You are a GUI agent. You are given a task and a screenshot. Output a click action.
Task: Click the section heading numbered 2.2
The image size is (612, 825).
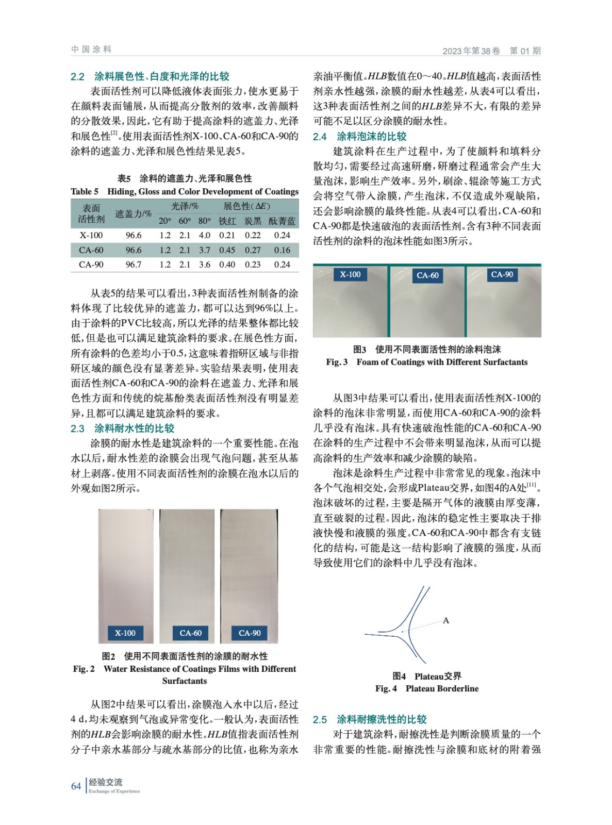point(150,76)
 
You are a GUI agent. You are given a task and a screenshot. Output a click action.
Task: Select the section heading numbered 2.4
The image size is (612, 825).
point(360,136)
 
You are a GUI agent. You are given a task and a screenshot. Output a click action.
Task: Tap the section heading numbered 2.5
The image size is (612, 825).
point(370,719)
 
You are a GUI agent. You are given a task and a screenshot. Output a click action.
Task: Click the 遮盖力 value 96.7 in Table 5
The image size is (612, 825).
point(134,265)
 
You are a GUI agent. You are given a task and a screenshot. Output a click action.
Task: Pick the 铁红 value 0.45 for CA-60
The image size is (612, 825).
point(227,250)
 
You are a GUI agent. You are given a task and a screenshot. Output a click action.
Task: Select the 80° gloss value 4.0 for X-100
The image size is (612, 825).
point(205,235)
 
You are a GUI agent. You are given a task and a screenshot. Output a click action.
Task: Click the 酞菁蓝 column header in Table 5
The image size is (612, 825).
point(282,221)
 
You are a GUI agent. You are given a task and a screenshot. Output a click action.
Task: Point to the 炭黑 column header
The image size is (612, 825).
point(253,221)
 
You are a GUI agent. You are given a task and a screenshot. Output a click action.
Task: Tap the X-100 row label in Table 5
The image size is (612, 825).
point(91,235)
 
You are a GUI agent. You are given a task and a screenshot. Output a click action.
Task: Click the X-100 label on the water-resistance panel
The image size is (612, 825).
point(125,633)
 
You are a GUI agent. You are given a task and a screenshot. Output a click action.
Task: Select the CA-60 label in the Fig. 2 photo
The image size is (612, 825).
point(191,633)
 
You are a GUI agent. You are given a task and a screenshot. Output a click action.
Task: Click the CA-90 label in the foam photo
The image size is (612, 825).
point(502,274)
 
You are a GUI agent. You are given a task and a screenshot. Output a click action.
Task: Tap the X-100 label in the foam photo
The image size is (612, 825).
point(350,274)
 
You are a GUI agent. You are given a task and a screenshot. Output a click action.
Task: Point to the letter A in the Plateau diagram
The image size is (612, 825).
point(446,620)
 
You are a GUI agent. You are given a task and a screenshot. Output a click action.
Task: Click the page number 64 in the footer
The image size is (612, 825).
point(76,786)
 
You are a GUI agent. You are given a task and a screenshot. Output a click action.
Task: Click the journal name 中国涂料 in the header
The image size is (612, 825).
point(91,49)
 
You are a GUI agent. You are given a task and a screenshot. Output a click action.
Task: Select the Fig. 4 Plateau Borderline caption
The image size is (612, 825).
point(427,688)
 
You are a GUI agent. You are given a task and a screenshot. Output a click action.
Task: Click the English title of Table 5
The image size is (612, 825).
point(185,191)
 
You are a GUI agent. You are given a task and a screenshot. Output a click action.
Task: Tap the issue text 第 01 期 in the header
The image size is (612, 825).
point(525,51)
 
